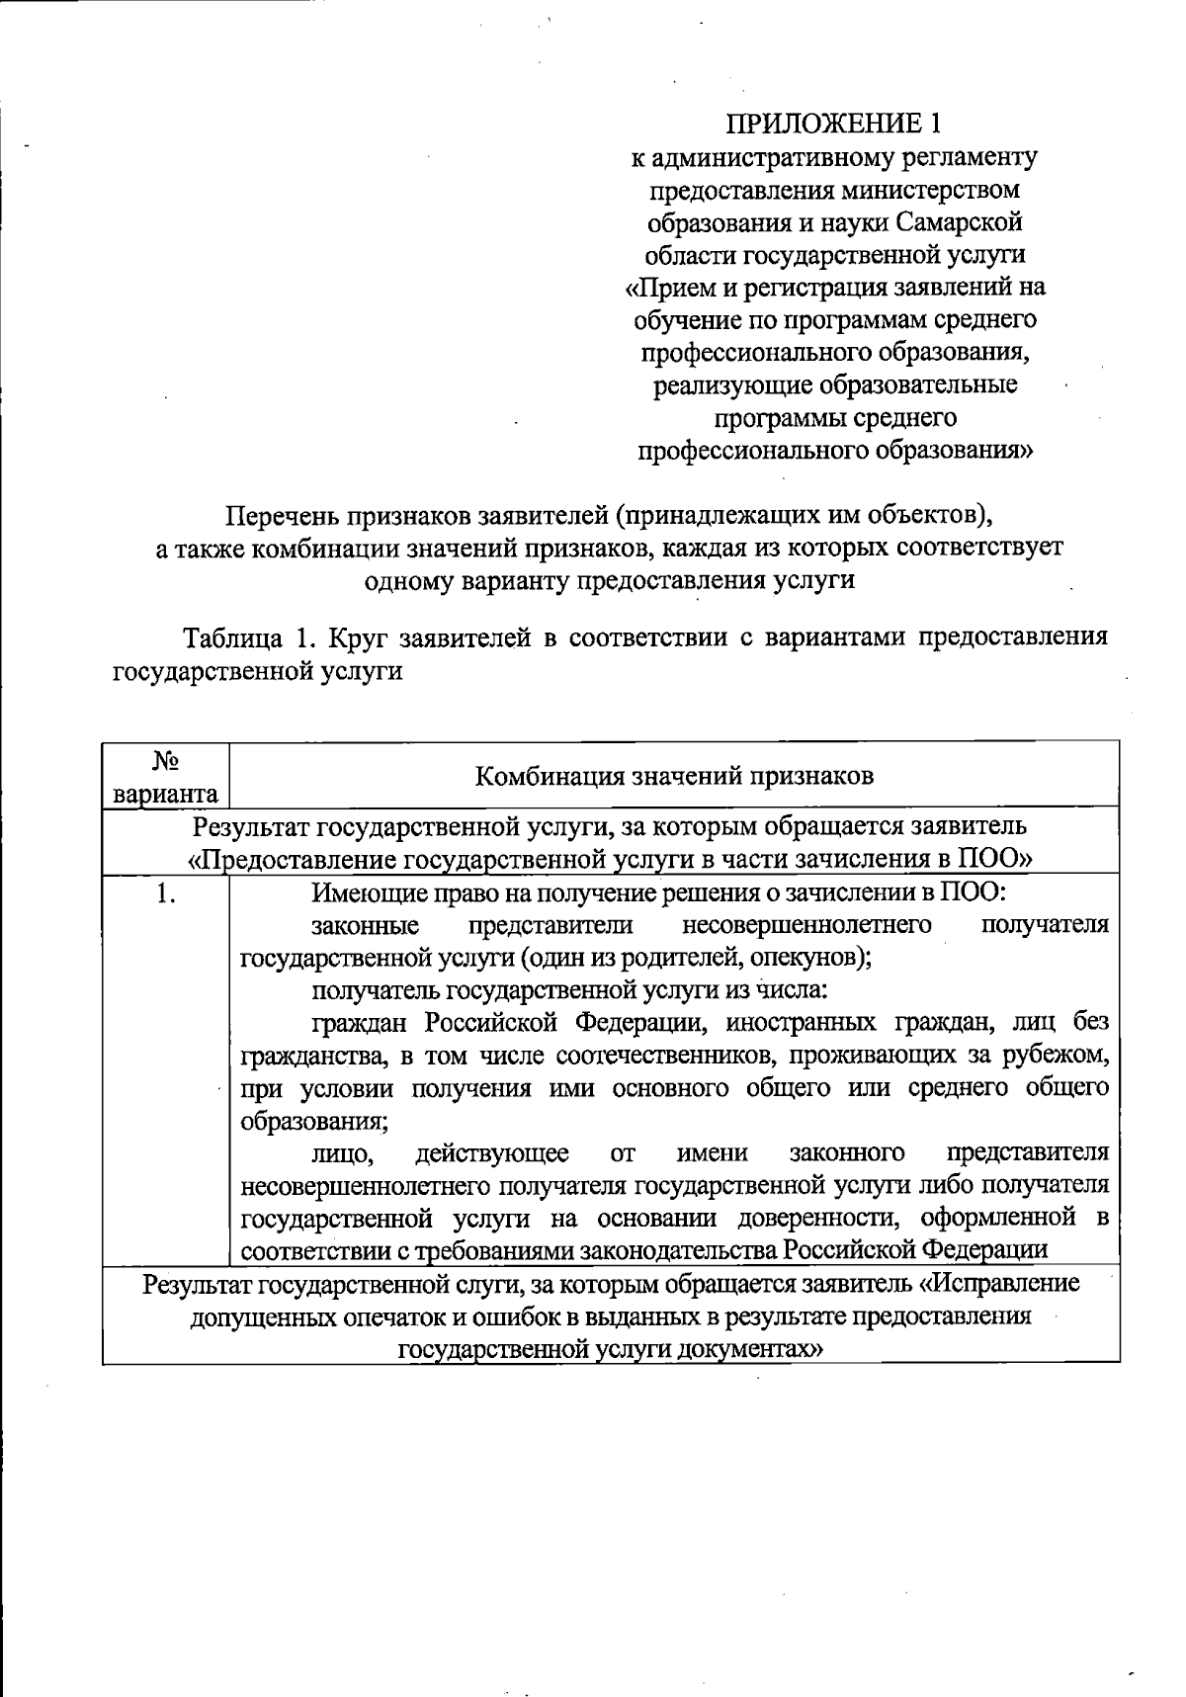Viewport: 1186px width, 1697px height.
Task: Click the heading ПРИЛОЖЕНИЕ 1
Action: (834, 124)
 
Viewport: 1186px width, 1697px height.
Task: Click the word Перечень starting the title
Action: (284, 516)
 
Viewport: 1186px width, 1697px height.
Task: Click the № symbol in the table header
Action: (166, 760)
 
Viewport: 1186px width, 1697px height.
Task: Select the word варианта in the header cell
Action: (166, 794)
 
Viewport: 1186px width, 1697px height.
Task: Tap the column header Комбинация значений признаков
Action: (674, 776)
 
